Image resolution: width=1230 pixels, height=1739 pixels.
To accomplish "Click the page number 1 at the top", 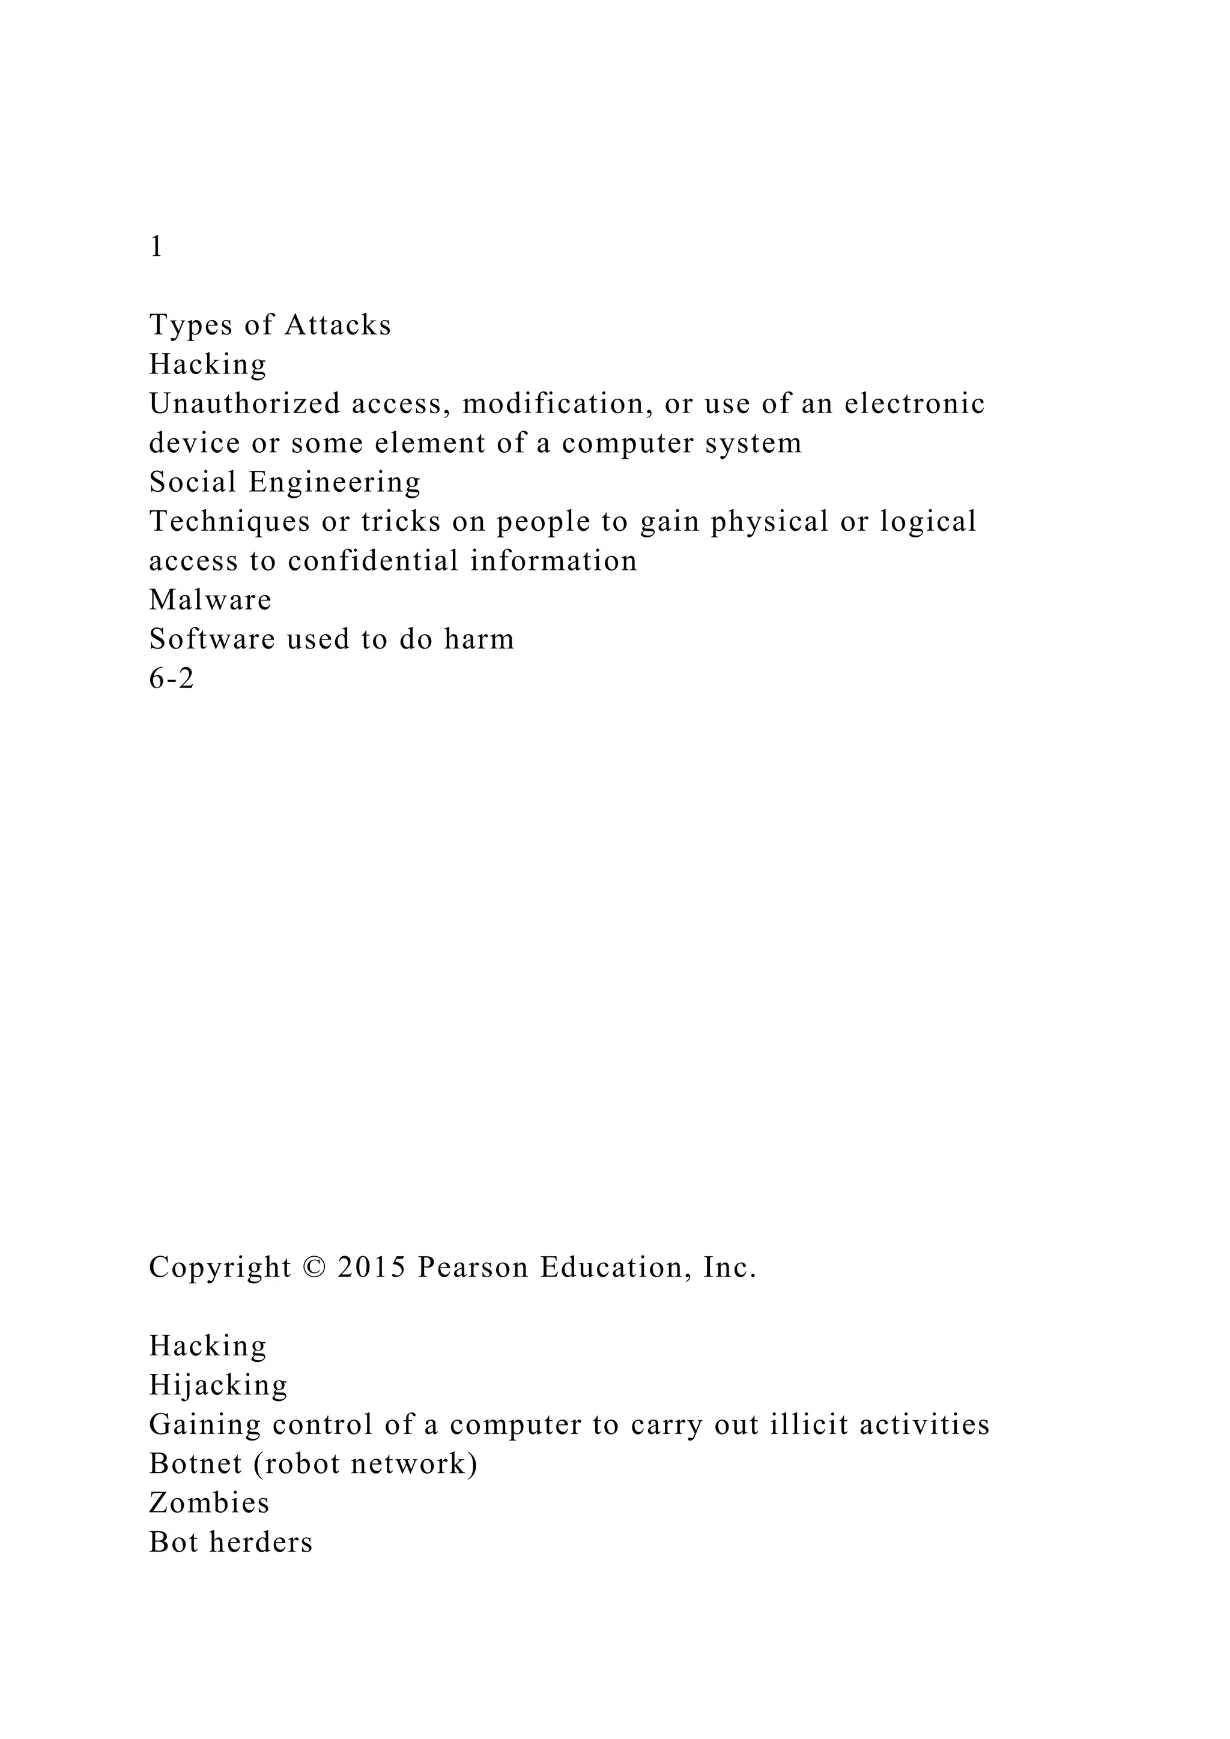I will pyautogui.click(x=156, y=247).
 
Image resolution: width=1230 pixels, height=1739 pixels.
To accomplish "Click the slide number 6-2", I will pyautogui.click(x=172, y=679).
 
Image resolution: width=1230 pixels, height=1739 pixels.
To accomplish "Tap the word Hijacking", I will pyautogui.click(x=218, y=1386).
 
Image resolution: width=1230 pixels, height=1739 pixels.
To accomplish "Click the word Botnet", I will pyautogui.click(x=194, y=1465).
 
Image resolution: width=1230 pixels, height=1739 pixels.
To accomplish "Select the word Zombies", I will pyautogui.click(x=209, y=1504).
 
